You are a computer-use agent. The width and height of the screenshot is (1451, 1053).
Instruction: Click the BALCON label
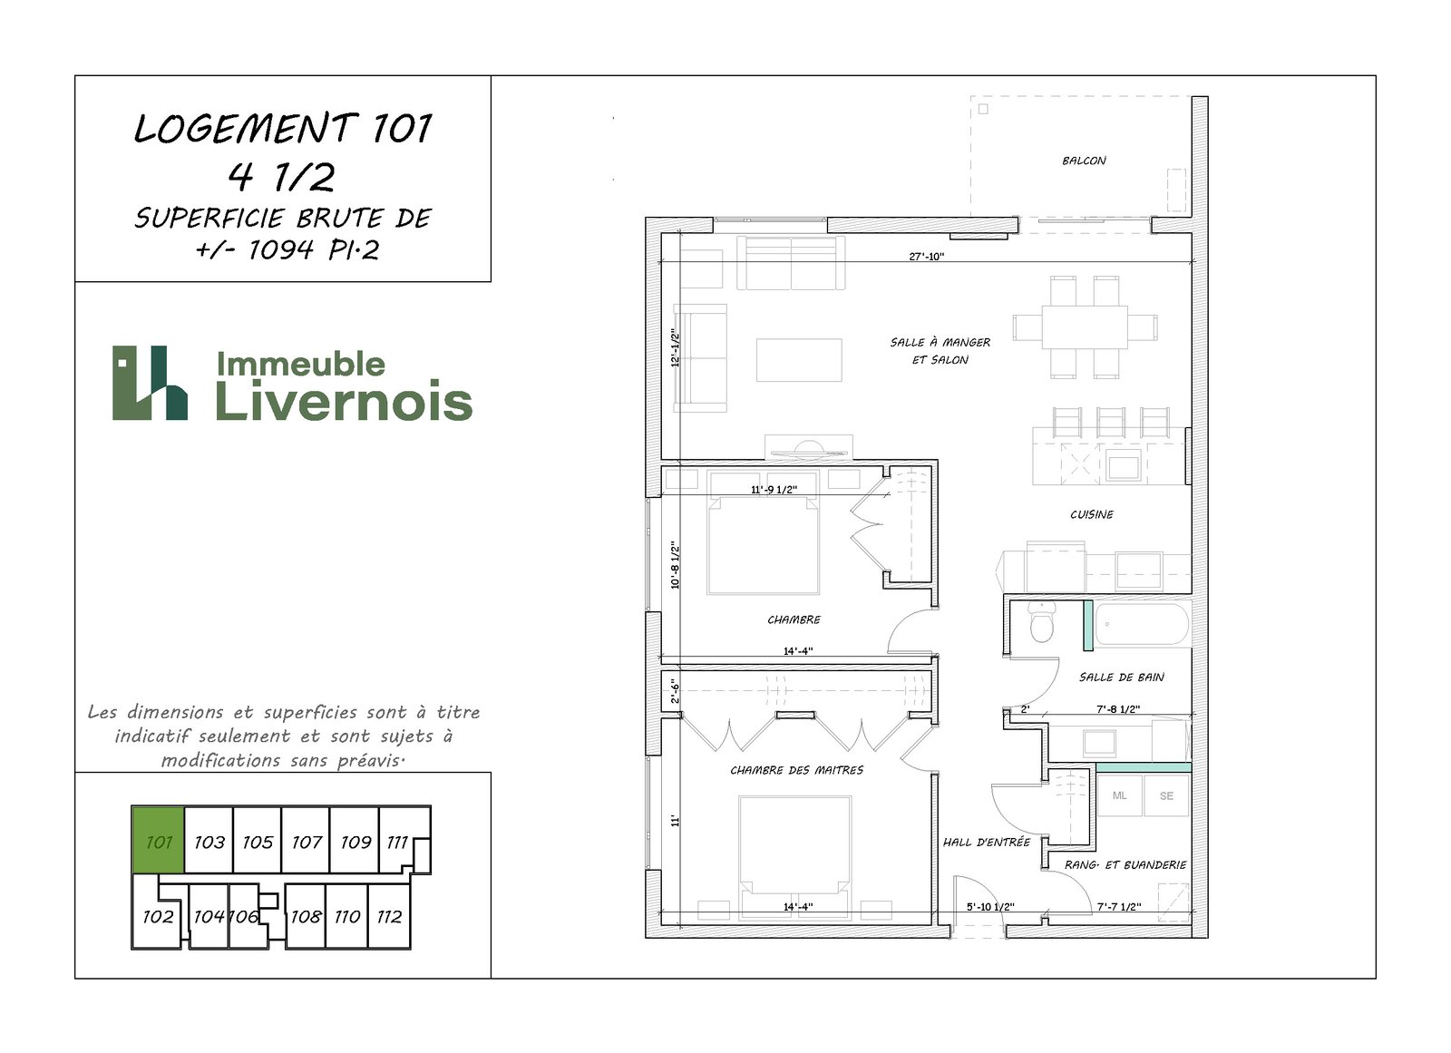tap(1084, 161)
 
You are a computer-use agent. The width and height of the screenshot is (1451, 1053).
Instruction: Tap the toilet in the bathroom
tap(1042, 621)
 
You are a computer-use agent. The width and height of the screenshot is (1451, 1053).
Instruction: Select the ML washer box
tap(1119, 795)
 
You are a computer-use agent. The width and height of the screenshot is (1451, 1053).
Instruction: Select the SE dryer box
tap(1166, 795)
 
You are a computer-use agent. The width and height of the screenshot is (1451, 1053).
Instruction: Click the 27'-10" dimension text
tap(926, 257)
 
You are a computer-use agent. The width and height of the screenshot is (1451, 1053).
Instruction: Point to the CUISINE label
tap(1092, 514)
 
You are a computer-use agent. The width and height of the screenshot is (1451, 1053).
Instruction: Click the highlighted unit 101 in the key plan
tap(158, 840)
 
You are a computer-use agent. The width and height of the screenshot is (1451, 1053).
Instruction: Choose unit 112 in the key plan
tap(389, 916)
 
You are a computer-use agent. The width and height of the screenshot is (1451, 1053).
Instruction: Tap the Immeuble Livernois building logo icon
tap(151, 383)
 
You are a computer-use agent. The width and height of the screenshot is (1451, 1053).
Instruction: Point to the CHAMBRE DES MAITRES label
tap(797, 770)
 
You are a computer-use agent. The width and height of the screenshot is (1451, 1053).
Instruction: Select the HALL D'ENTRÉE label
tap(986, 843)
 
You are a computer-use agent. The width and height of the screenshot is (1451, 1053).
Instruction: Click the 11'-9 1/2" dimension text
tap(774, 490)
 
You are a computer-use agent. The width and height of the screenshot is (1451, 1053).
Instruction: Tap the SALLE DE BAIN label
tap(1121, 678)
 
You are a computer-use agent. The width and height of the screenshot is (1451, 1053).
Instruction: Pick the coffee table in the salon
tap(799, 360)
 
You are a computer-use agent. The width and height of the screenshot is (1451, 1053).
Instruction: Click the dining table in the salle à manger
tap(1085, 327)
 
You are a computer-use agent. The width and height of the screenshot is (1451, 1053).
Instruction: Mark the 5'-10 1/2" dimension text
tap(990, 907)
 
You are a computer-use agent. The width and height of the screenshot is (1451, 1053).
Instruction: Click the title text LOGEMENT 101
tap(282, 128)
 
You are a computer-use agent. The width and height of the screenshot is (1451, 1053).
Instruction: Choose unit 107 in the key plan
tap(306, 840)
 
